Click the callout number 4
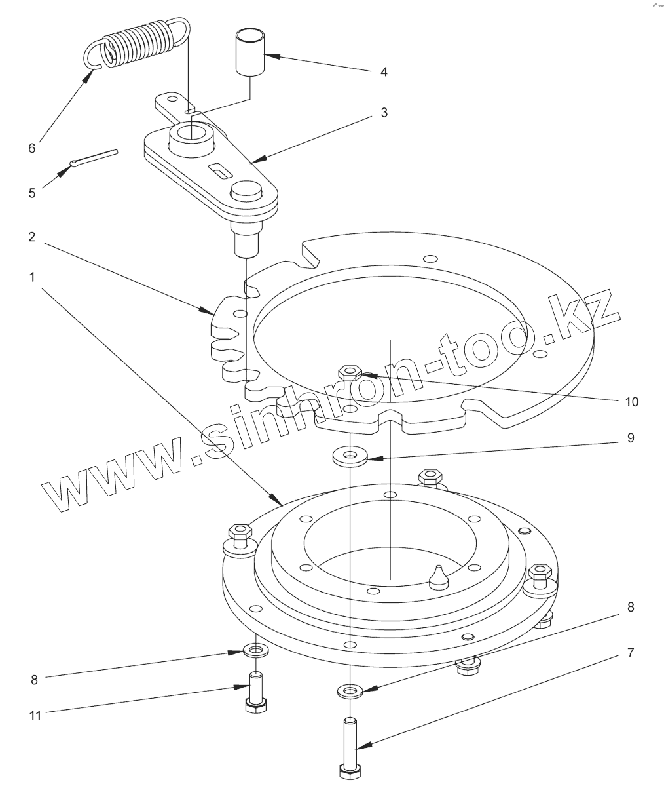[384, 72]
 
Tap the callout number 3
[384, 113]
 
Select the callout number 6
[31, 148]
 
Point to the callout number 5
[32, 193]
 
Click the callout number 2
[31, 237]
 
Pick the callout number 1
[31, 277]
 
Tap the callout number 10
[631, 401]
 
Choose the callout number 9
[631, 438]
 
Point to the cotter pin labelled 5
[94, 159]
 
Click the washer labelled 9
[348, 456]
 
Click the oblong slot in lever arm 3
[219, 172]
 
